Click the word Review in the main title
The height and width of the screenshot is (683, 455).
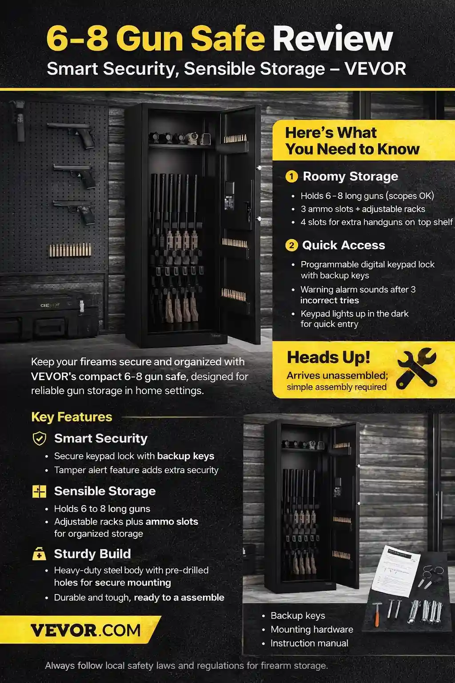tap(333, 39)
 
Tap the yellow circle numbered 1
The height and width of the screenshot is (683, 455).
tap(291, 177)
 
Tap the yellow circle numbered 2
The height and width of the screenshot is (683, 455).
tap(291, 245)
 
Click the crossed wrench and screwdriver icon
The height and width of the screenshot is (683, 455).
tap(416, 368)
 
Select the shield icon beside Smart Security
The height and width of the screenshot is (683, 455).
tap(40, 438)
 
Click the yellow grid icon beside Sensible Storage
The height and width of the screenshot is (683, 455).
tap(40, 491)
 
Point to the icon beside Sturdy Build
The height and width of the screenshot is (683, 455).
tap(40, 554)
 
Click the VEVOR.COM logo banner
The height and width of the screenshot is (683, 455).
tap(84, 630)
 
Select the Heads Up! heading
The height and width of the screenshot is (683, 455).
tap(328, 358)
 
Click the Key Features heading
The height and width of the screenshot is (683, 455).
tap(72, 417)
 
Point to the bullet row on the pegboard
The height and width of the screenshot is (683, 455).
tap(70, 250)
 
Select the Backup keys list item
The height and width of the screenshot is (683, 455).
tap(298, 615)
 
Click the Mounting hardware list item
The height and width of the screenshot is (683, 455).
tap(311, 629)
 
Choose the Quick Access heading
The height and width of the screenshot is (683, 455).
tap(343, 245)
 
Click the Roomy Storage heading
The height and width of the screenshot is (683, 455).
tap(350, 177)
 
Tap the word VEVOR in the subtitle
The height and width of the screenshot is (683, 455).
tap(375, 69)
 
